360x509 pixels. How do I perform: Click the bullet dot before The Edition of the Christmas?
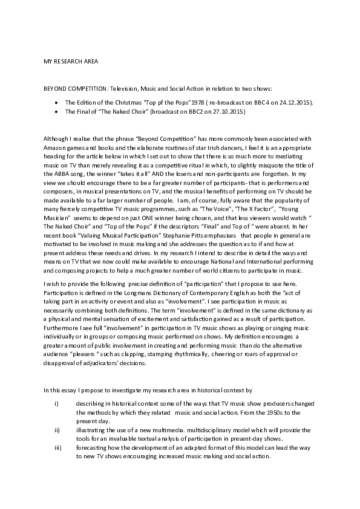(x=56, y=103)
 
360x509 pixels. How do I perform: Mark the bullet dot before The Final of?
(x=56, y=112)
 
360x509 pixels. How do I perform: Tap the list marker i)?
(x=56, y=403)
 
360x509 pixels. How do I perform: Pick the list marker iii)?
(x=57, y=446)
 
